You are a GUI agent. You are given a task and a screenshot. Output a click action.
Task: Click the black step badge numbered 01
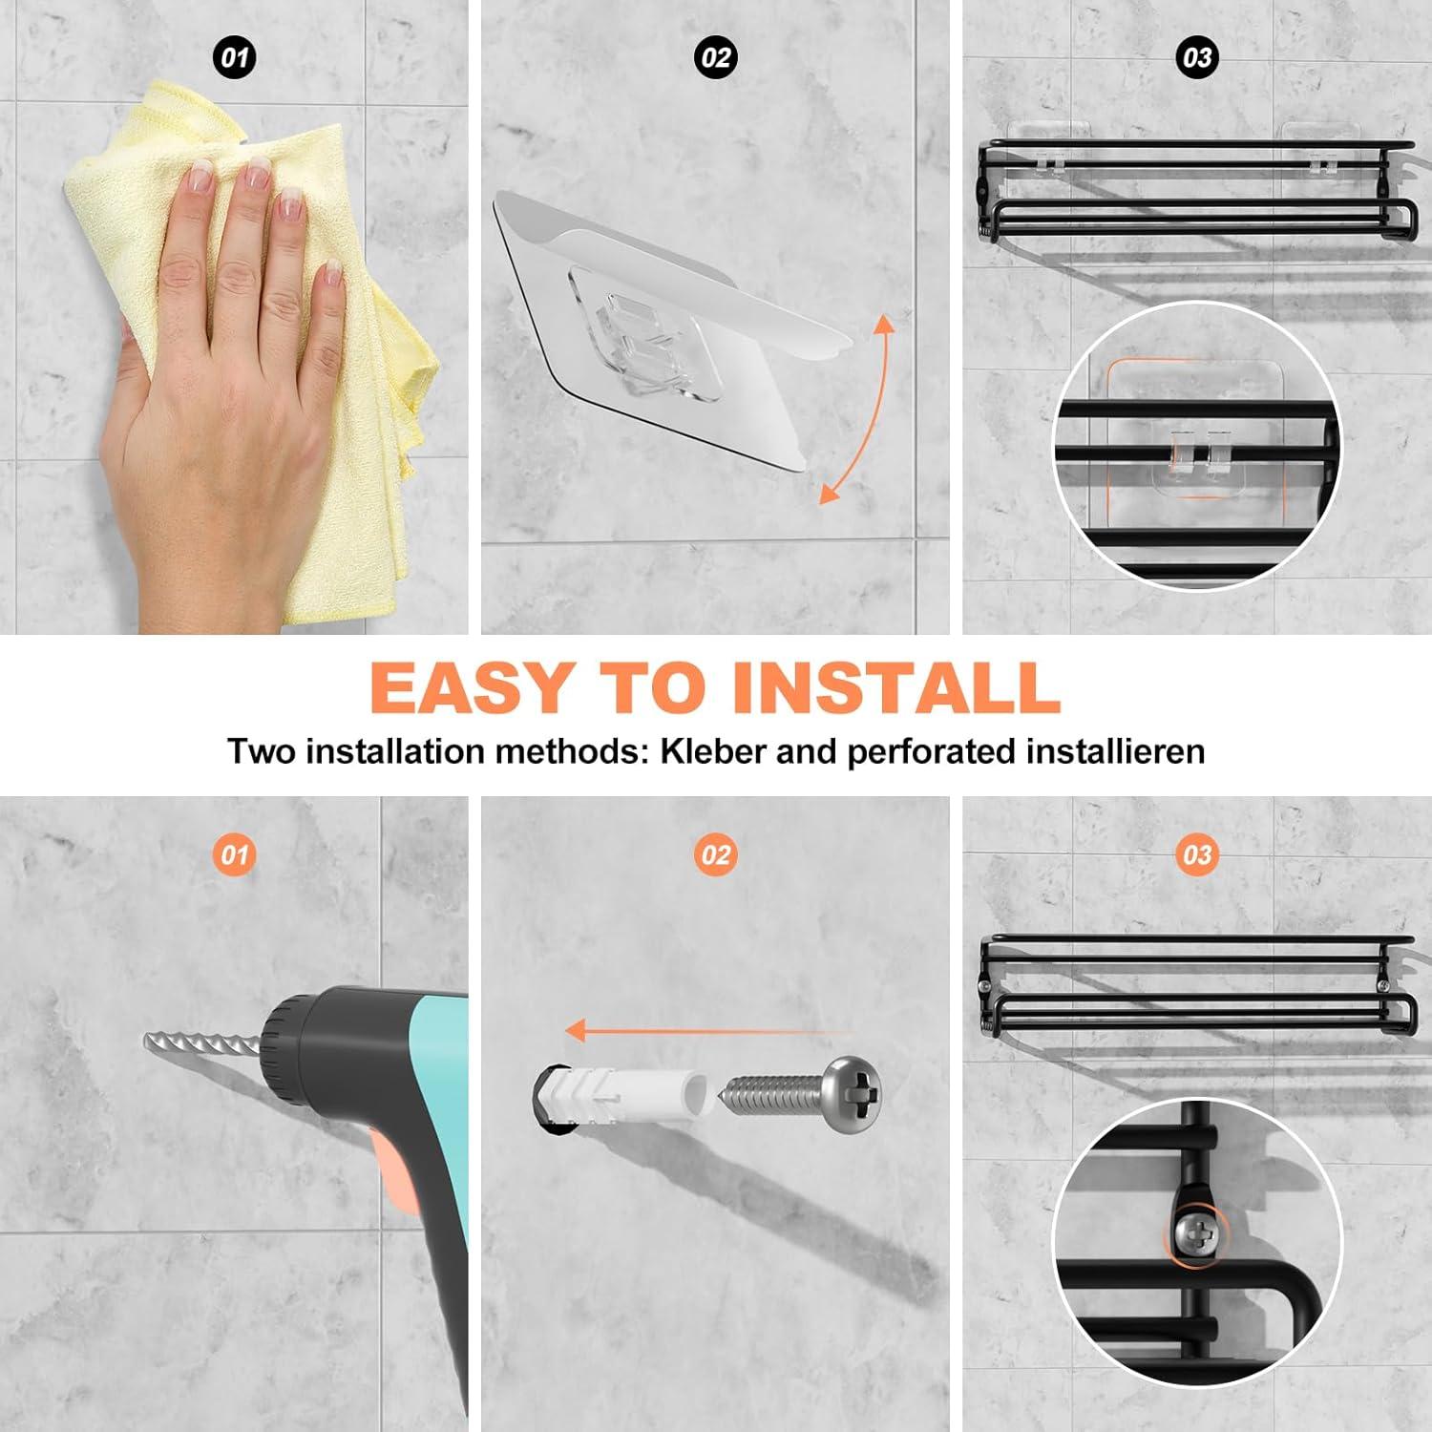click(234, 57)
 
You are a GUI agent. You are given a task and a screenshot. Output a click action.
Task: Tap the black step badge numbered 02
click(716, 57)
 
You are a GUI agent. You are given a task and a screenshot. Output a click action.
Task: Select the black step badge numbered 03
click(1197, 57)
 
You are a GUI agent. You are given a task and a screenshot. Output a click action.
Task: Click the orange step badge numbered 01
click(234, 854)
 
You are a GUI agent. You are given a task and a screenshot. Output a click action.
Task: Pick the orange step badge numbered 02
click(716, 854)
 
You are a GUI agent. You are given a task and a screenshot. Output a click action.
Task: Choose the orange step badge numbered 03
click(1197, 854)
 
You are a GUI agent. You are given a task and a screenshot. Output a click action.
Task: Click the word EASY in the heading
click(469, 685)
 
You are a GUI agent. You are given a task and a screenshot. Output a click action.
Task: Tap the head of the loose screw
click(853, 1094)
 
